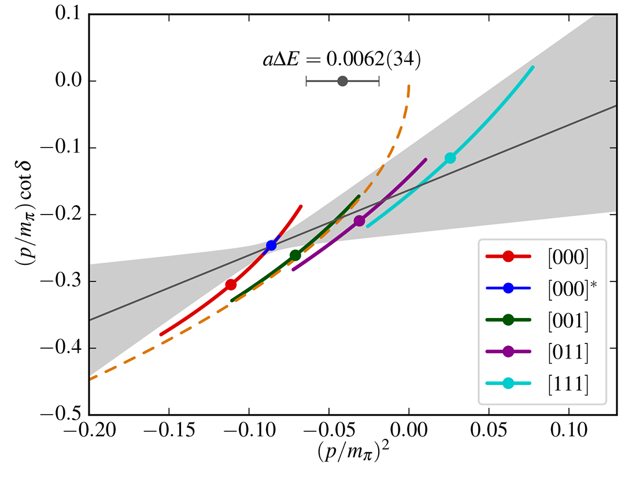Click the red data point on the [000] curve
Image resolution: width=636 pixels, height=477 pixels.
point(231,284)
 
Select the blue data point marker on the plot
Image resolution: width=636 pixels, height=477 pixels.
point(271,245)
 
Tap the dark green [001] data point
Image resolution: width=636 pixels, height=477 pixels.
point(295,255)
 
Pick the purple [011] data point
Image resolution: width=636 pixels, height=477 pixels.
point(359,220)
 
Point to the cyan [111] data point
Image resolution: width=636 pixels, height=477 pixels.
point(450,158)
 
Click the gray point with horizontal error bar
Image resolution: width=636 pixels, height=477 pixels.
point(342,81)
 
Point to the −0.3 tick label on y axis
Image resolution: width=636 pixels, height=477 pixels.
point(62,282)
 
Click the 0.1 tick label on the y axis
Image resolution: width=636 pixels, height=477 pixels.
point(68,14)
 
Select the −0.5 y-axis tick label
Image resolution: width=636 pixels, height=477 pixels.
point(62,415)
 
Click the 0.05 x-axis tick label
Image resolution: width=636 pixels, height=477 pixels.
point(489,431)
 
